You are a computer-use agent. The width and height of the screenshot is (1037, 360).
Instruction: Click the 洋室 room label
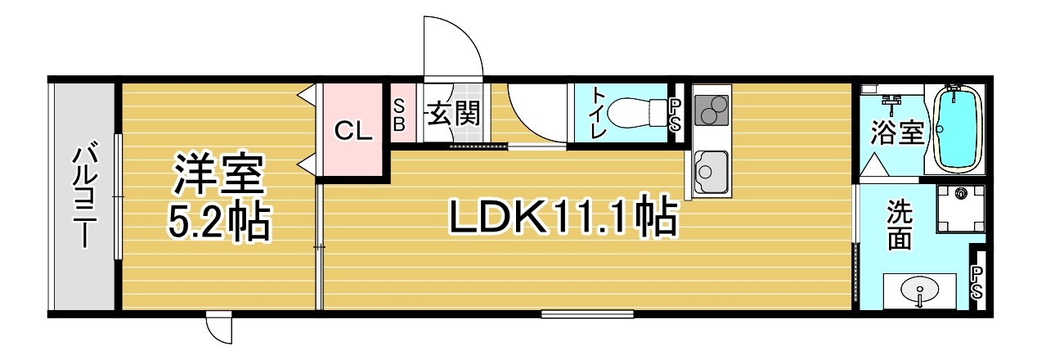(218, 174)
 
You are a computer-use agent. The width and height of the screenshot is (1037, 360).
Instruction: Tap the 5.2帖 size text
(218, 222)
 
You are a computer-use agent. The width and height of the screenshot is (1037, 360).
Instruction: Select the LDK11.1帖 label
(563, 217)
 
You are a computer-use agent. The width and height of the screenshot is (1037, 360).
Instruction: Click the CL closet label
(353, 131)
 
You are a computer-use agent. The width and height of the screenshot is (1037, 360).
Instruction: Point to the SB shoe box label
(399, 116)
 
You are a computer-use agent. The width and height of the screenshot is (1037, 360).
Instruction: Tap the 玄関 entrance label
(453, 114)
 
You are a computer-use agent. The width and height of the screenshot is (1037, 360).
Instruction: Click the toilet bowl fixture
(635, 113)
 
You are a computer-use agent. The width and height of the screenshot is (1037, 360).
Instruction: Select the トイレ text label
(598, 114)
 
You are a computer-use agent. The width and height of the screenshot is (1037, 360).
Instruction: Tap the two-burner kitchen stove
(712, 110)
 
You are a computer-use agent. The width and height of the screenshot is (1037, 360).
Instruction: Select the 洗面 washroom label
(899, 226)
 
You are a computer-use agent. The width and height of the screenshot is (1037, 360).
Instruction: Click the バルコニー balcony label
(84, 197)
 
